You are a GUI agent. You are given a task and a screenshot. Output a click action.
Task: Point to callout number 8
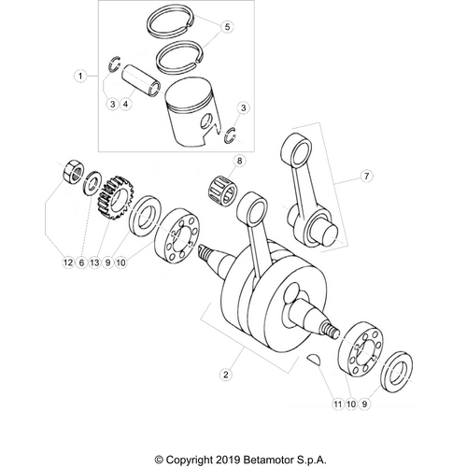tap(239, 161)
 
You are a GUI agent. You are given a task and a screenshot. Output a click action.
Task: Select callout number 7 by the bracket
tap(366, 175)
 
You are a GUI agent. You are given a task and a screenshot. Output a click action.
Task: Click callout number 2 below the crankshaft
tap(225, 375)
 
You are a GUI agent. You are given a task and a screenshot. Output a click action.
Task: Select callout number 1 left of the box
tap(81, 74)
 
